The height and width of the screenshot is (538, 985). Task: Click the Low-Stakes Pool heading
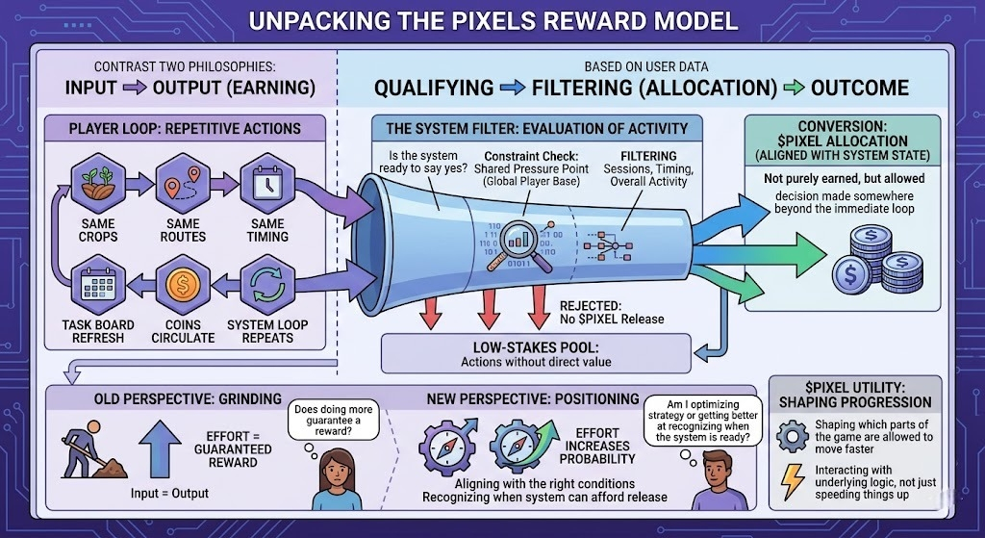[x=536, y=346]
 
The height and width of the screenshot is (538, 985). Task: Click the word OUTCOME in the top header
[x=859, y=89]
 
